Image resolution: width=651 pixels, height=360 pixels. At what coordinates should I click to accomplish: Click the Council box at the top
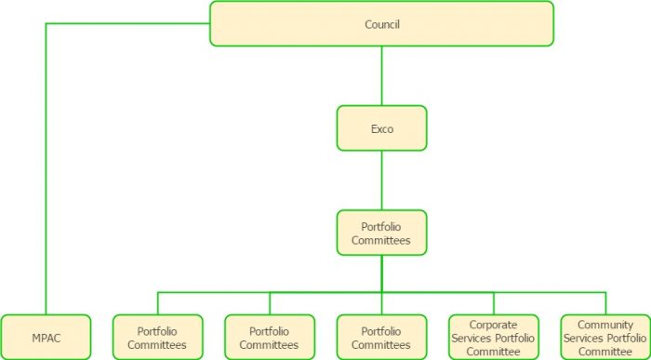click(381, 23)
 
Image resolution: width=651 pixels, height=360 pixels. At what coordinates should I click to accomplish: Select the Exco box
click(381, 128)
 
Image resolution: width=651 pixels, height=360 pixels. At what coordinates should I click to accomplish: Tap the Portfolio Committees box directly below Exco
click(381, 233)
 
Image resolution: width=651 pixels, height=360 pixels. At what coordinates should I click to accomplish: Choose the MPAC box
click(46, 337)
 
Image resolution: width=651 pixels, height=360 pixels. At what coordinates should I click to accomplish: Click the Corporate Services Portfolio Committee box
click(494, 337)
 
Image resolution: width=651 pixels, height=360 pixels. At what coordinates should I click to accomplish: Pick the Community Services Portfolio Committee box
click(605, 337)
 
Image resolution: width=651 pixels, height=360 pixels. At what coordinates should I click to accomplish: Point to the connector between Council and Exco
click(381, 75)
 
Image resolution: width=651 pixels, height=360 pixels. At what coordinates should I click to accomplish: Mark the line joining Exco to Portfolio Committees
click(381, 180)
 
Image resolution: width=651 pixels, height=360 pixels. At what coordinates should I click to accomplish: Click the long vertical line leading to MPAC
click(46, 167)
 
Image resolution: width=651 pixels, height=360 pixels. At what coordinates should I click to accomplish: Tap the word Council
click(381, 24)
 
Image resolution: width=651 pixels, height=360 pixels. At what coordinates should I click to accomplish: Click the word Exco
click(381, 129)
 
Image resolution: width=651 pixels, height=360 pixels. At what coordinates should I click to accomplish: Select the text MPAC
click(46, 338)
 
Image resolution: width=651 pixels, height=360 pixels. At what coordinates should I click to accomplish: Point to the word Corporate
click(494, 325)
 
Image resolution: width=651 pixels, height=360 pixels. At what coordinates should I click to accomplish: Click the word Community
click(605, 325)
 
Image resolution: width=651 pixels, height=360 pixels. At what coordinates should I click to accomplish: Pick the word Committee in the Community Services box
click(605, 351)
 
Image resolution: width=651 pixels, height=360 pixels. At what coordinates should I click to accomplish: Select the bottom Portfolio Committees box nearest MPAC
click(157, 337)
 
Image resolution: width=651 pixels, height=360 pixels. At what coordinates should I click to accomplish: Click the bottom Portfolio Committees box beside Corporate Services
click(381, 337)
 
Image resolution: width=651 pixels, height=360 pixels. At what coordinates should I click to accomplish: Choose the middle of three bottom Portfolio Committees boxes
click(270, 337)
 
